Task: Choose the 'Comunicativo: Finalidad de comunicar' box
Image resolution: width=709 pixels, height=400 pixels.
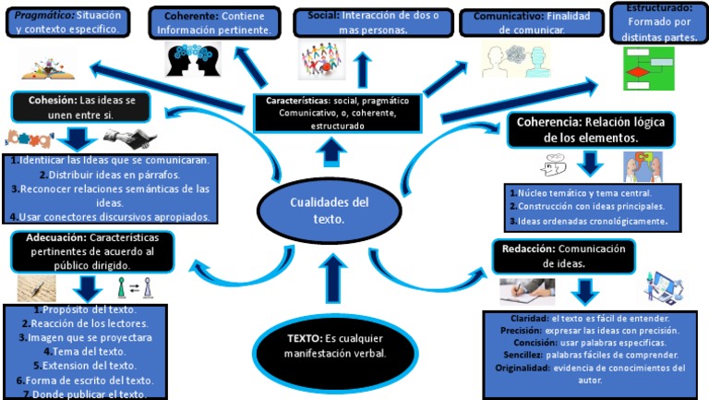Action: tap(523, 23)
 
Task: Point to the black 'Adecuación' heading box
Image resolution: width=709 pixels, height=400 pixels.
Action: tap(91, 251)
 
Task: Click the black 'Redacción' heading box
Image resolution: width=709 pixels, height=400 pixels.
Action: tap(562, 256)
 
